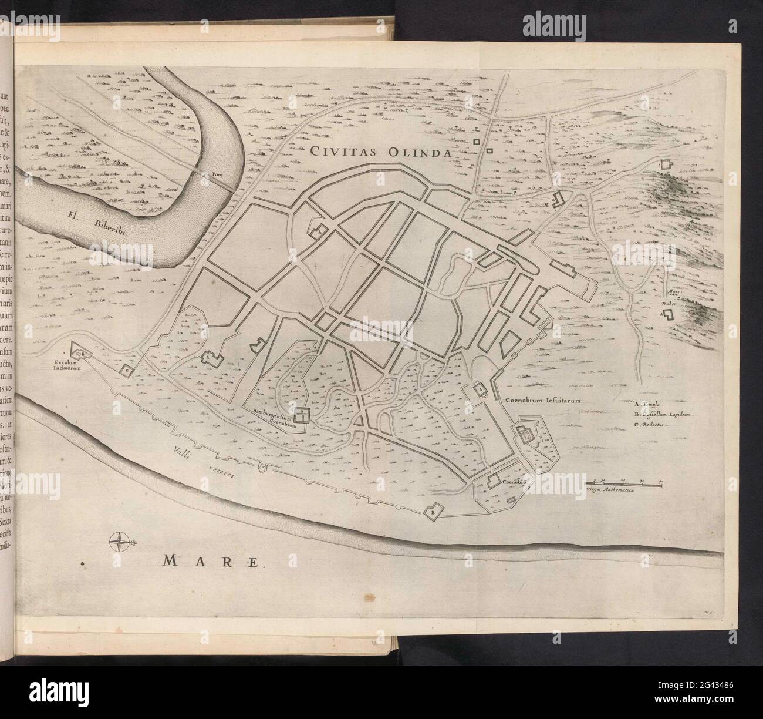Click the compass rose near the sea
click(x=120, y=541)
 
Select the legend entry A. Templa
click(x=649, y=404)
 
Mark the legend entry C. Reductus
click(x=651, y=424)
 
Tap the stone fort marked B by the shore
click(x=434, y=510)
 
